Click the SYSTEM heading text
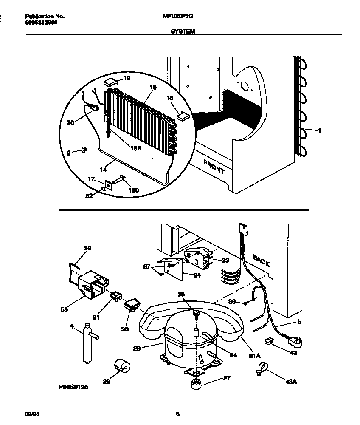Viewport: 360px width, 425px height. tap(183, 31)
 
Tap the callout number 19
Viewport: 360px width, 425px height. tap(127, 78)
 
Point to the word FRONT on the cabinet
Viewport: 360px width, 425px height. tap(214, 167)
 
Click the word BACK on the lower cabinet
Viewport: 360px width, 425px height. tap(261, 260)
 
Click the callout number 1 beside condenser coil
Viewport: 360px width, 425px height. tap(319, 131)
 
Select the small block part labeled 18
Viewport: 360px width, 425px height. tap(183, 115)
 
